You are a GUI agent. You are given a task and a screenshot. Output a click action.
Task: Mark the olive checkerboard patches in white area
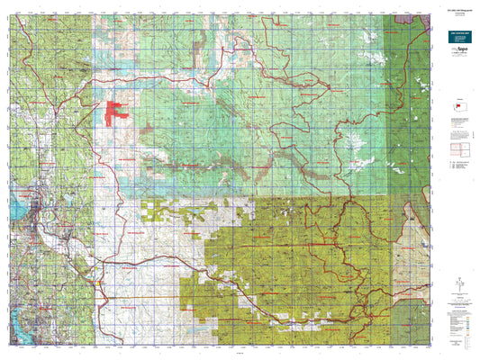[x=158, y=211]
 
